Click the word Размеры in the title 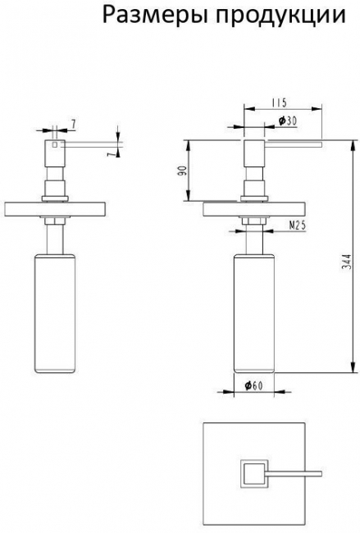click(155, 16)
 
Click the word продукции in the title click(281, 16)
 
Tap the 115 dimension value click(279, 102)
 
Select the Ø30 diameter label click(288, 121)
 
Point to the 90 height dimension click(183, 171)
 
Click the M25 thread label click(298, 225)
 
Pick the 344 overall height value click(346, 262)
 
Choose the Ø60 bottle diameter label click(253, 385)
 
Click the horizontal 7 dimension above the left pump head click(73, 125)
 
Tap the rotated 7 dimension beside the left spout click(110, 154)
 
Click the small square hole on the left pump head click(55, 145)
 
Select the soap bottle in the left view click(55, 313)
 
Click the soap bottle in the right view click(254, 313)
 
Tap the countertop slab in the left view click(56, 209)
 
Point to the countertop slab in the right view click(254, 209)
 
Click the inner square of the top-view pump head click(253, 474)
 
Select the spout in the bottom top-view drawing click(294, 474)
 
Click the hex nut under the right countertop click(253, 221)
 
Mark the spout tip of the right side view click(321, 145)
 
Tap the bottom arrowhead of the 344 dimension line click(351, 368)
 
